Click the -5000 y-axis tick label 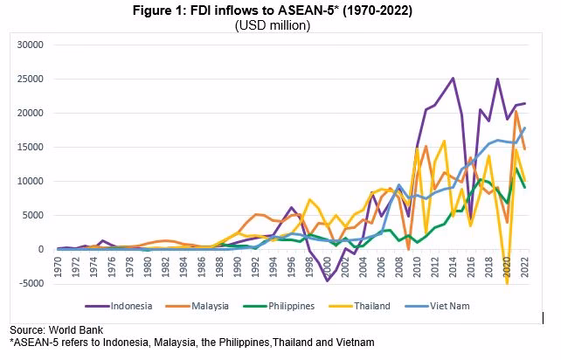coord(29,283)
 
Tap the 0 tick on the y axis coord(39,249)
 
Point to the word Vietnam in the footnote coord(353,342)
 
